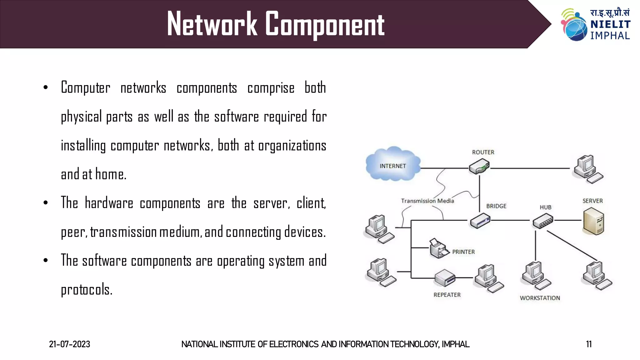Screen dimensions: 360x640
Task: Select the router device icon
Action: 479,166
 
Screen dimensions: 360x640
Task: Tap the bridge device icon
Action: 480,221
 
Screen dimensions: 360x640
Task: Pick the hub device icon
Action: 543,221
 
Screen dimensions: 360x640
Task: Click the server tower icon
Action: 593,222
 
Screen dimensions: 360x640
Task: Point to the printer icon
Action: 439,248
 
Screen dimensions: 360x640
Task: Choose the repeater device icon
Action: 445,278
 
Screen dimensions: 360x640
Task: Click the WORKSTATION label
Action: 540,298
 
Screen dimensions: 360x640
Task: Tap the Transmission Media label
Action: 427,201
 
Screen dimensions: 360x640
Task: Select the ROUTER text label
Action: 483,152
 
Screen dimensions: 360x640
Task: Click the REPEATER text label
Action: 447,295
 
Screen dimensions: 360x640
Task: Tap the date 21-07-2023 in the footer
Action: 69,344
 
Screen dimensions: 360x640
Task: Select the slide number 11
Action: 589,344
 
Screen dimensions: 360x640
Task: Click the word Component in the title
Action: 325,24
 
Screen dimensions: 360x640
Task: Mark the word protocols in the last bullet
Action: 87,290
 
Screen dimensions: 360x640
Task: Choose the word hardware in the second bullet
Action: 109,203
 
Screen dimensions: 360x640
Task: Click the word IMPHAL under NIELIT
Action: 610,36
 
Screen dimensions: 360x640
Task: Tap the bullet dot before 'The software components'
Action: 46,261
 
